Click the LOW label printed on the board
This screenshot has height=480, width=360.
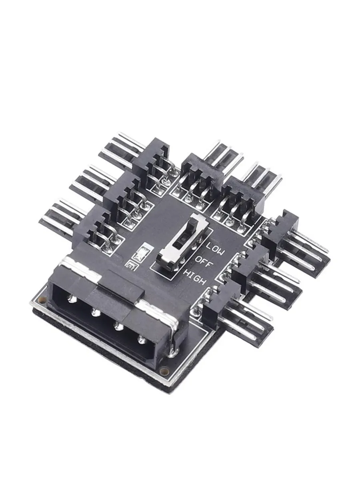pos(215,248)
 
